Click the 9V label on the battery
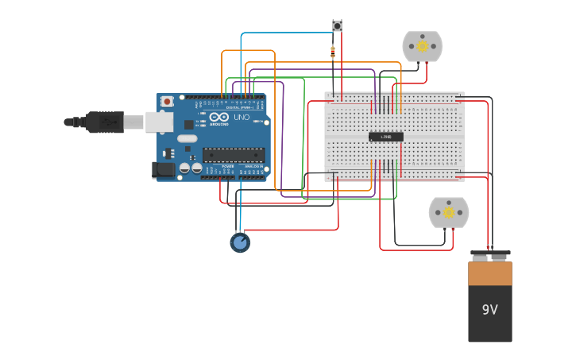(489, 310)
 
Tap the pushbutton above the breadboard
(337, 26)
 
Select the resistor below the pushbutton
(332, 52)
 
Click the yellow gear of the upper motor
(423, 46)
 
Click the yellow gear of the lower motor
(449, 212)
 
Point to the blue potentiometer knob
(240, 242)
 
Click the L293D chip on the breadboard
(386, 137)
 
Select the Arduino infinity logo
(219, 117)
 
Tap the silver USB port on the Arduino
(159, 122)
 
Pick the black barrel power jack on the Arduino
(164, 169)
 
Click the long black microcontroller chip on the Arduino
(234, 154)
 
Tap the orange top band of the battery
(490, 273)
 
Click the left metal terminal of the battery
(480, 257)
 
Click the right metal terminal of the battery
(500, 257)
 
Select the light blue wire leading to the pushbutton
(286, 33)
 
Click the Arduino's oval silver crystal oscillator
(187, 138)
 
